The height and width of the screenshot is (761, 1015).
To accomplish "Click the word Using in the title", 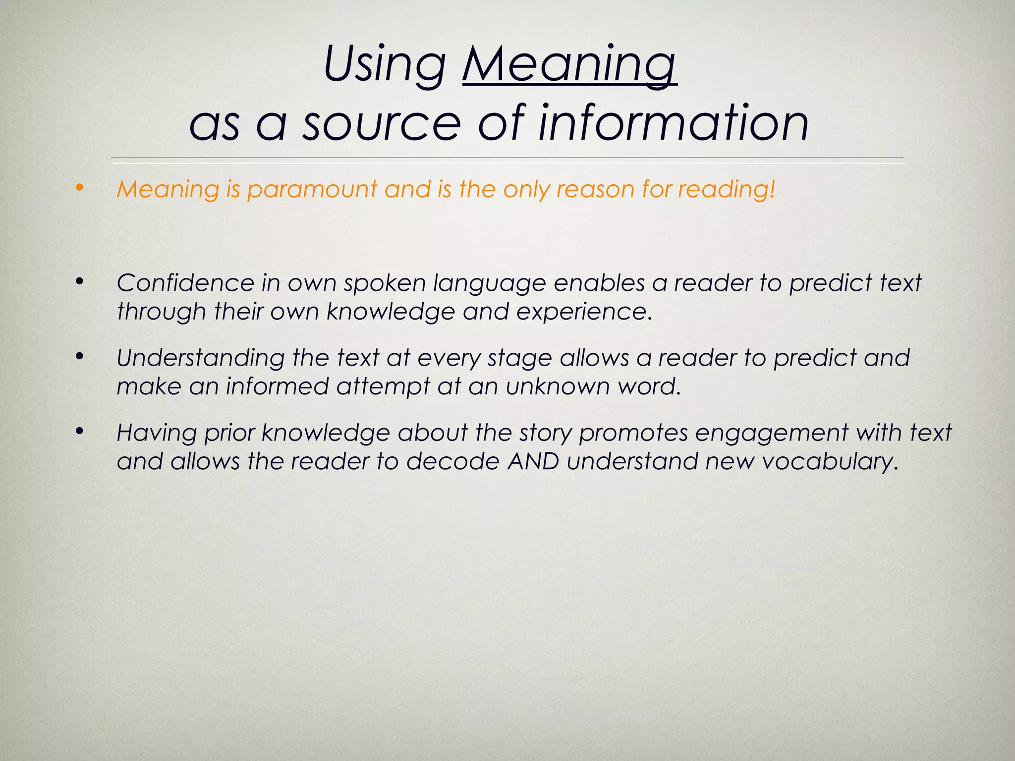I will pos(385,65).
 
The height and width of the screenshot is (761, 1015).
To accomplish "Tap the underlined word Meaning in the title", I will pos(569,65).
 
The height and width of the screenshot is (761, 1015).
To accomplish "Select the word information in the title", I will pos(674,122).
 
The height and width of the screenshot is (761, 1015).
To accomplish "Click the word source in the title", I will pos(382,123).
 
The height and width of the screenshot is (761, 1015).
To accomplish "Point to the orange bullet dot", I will pos(79,188).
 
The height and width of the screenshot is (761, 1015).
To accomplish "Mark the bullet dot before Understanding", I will pos(79,356).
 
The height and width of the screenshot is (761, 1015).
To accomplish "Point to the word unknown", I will pos(558,386).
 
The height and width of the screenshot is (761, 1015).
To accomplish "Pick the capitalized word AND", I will pos(534,462).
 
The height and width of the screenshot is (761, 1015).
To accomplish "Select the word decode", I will pos(453,462).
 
